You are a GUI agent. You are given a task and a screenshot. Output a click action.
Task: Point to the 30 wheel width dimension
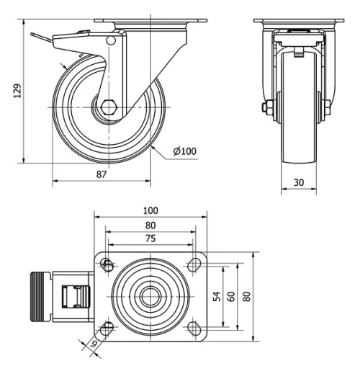click(x=297, y=183)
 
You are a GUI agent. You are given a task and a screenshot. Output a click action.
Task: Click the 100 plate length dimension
click(x=150, y=210)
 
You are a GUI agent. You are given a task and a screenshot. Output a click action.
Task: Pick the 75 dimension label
click(x=150, y=238)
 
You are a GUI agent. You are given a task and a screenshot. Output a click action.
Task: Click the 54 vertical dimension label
click(x=217, y=296)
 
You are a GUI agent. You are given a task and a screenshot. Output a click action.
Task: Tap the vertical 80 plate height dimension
click(x=246, y=296)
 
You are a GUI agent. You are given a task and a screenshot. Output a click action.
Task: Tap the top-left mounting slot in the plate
click(x=107, y=264)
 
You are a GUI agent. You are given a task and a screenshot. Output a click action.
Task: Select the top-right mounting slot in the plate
click(x=194, y=264)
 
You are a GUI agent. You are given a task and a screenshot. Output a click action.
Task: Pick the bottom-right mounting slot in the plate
click(x=194, y=329)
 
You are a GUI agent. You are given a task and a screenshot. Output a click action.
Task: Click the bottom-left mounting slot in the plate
click(x=107, y=329)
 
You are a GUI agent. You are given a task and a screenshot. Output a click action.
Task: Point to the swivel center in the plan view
click(x=150, y=296)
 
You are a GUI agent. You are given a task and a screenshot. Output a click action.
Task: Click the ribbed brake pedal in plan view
click(x=40, y=296)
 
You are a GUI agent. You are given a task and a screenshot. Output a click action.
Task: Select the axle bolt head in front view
click(x=266, y=108)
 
